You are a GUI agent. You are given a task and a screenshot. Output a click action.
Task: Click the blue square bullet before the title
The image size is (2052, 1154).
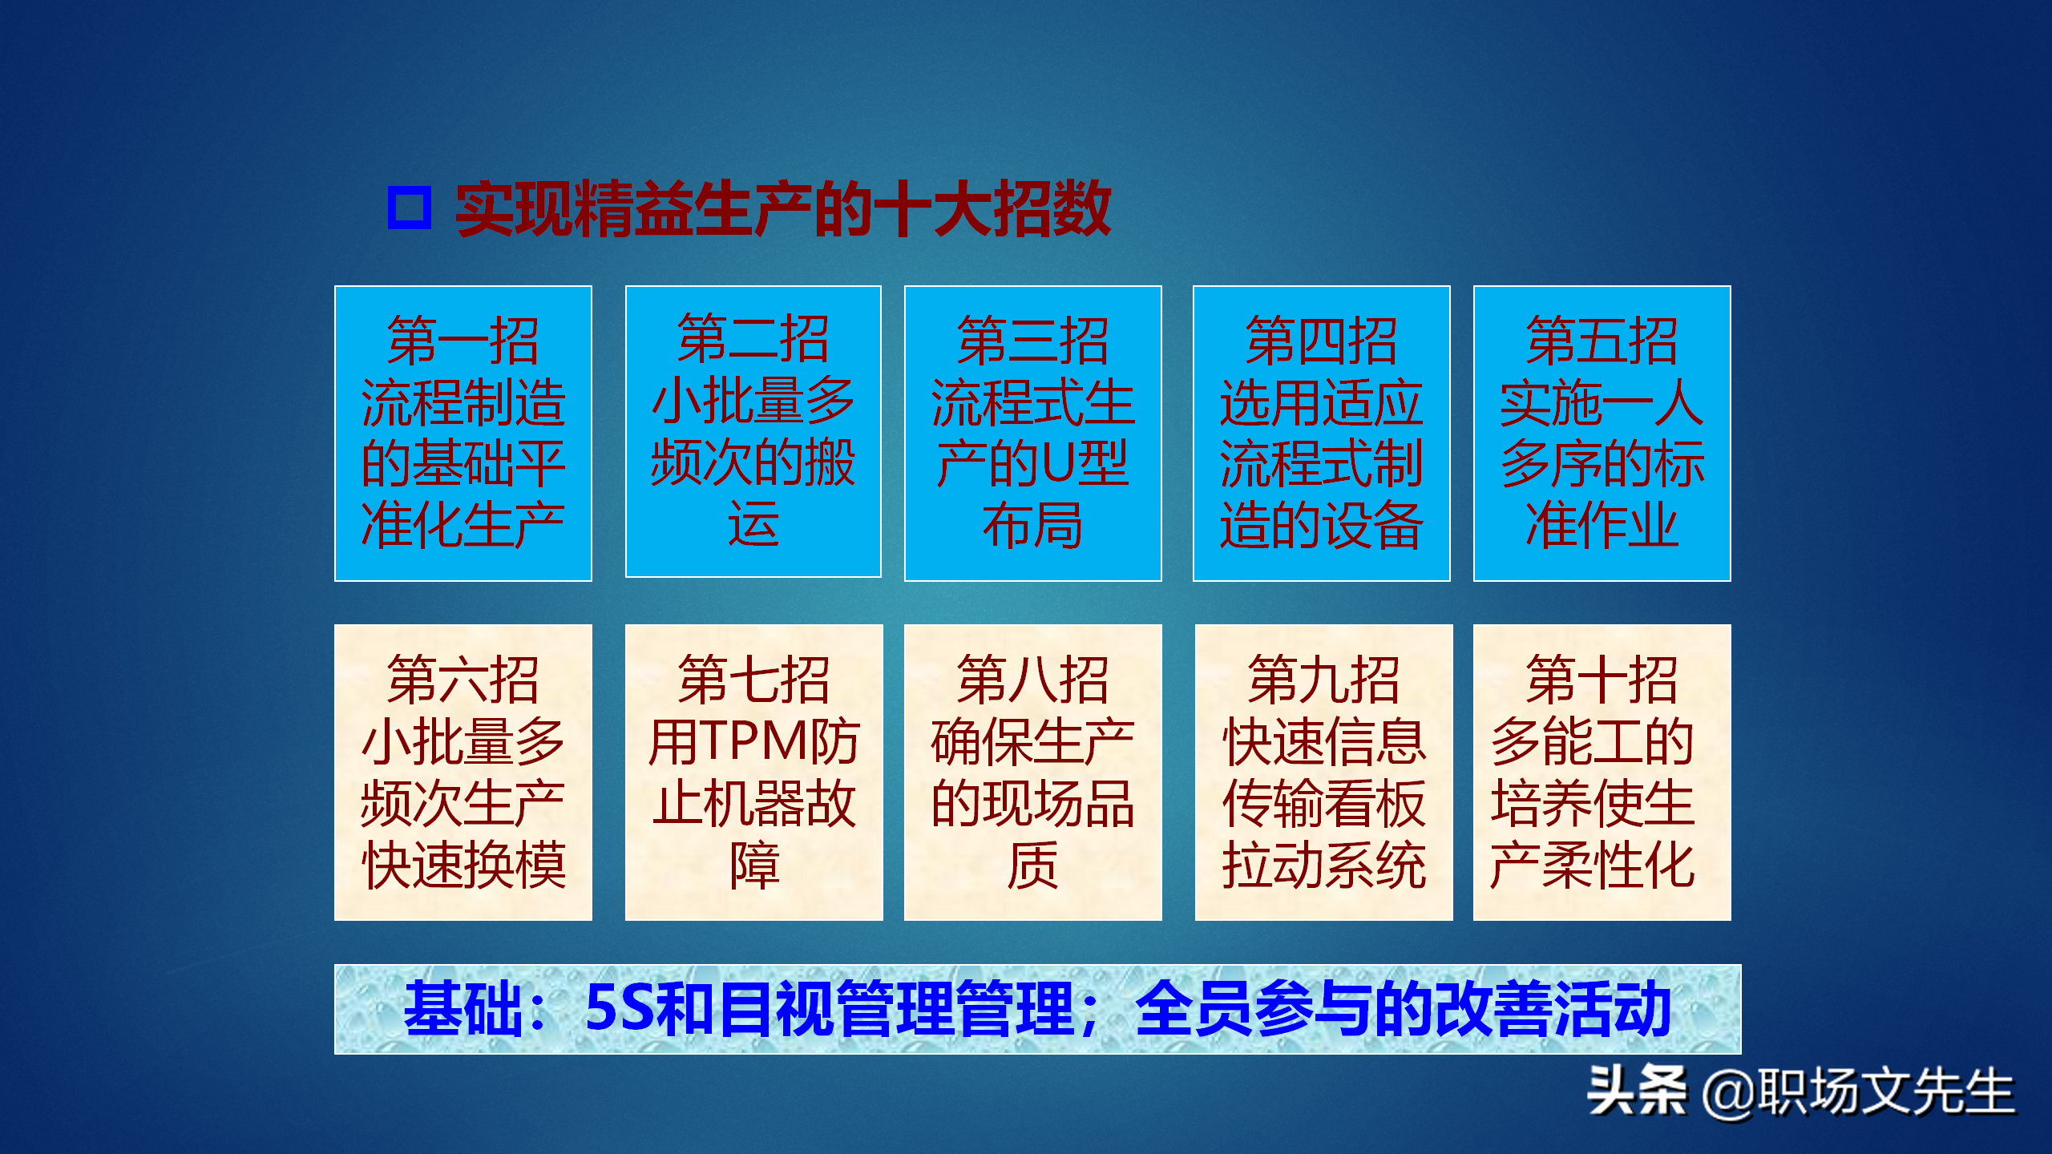point(409,208)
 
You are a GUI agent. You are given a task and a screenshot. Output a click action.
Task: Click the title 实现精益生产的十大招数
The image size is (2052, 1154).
point(783,209)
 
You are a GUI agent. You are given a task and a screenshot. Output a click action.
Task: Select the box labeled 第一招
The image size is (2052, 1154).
point(463,433)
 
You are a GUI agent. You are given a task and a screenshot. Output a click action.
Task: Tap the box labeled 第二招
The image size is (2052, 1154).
point(753,431)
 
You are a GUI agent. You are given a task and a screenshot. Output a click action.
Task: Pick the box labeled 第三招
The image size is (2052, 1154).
point(1032,433)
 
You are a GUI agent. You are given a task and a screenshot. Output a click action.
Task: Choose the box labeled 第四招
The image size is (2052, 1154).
point(1321,433)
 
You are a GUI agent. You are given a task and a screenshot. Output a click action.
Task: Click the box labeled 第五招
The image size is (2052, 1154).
point(1602,433)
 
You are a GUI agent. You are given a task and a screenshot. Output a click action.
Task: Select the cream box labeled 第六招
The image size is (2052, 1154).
point(463,772)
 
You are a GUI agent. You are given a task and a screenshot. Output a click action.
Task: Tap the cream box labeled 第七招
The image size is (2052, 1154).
point(753,772)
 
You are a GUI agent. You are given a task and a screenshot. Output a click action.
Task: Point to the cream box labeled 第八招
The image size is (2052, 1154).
point(1032,772)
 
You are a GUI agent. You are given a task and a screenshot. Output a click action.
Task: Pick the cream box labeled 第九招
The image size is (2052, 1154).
point(1323,772)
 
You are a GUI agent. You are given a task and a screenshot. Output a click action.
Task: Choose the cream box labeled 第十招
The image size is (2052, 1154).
point(1602,772)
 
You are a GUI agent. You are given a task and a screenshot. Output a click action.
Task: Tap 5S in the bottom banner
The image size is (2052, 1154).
point(619,1008)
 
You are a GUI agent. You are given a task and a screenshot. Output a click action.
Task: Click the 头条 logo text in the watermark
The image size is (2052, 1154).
point(1636,1091)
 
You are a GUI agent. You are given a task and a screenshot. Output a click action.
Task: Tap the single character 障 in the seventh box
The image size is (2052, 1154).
point(754,865)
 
